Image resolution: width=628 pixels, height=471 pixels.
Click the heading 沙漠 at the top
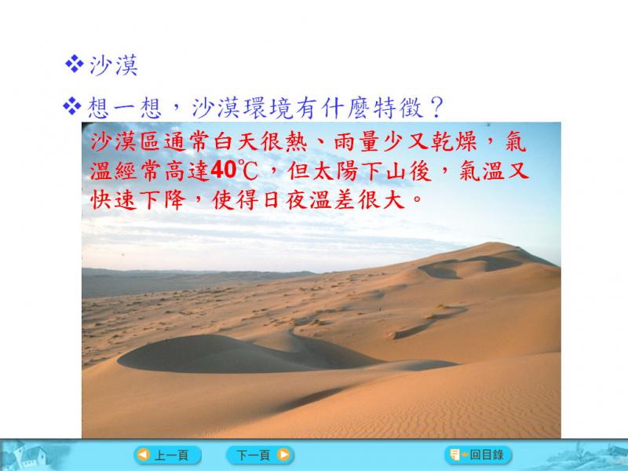tap(114, 64)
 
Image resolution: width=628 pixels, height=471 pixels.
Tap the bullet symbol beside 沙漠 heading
tap(74, 64)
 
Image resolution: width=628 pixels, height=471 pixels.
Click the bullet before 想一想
tap(71, 107)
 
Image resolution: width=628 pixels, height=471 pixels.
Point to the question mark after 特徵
tap(437, 108)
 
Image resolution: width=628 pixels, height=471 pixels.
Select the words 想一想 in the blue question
tap(125, 108)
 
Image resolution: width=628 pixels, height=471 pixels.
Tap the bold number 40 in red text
tap(224, 170)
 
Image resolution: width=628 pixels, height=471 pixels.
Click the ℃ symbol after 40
tap(247, 170)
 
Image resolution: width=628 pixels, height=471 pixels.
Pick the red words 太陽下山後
tap(360, 170)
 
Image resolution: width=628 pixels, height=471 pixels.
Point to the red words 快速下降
tap(139, 200)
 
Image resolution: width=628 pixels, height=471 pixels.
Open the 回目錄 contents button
tap(478, 455)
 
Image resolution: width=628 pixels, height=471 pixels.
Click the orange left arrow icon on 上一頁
tap(143, 455)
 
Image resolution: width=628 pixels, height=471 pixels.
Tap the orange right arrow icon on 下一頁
tap(283, 455)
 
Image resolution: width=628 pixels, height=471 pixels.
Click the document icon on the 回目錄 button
tap(455, 455)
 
